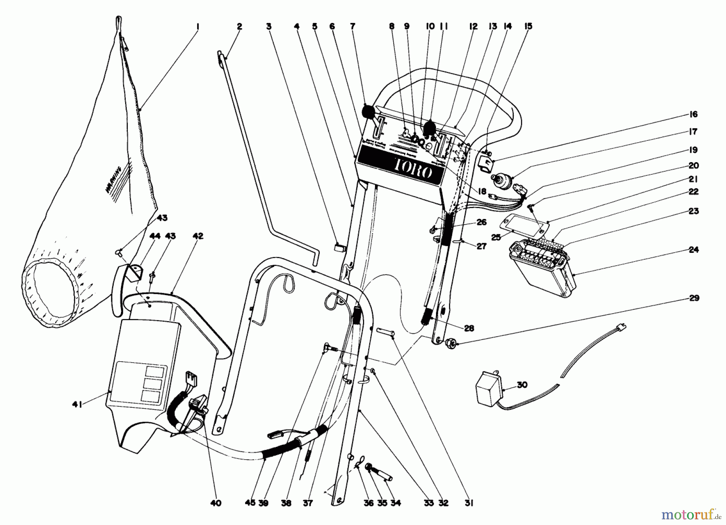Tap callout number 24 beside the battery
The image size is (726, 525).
(x=693, y=250)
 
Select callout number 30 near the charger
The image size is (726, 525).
(x=522, y=385)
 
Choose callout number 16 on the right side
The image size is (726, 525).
(x=693, y=115)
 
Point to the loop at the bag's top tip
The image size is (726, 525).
(x=118, y=20)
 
